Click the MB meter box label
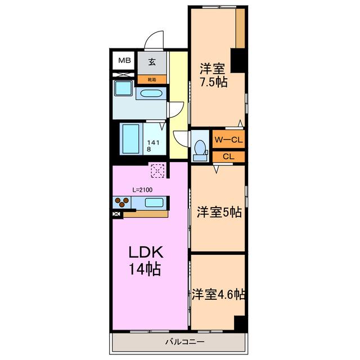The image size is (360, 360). pos(124,60)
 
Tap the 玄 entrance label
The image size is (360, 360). pos(152,62)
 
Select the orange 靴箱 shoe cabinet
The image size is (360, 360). pos(152,80)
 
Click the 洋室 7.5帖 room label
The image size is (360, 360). pos(214,75)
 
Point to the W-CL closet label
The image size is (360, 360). pos(229,139)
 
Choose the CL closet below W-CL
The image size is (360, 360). pos(228,156)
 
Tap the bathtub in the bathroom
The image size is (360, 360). pos(130,139)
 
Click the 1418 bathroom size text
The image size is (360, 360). pos(153,146)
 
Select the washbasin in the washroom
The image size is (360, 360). pos(151,93)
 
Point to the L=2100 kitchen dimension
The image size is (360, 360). pos(142,190)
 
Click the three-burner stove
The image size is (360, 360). pos(121,202)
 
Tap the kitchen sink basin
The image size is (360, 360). pos(154,202)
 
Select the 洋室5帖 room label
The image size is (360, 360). pos(219,212)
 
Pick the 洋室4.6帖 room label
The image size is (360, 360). pos(218,294)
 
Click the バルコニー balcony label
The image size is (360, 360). pos(185,342)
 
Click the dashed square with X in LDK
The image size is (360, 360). pos(157,170)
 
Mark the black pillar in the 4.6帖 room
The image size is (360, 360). pos(240,323)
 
